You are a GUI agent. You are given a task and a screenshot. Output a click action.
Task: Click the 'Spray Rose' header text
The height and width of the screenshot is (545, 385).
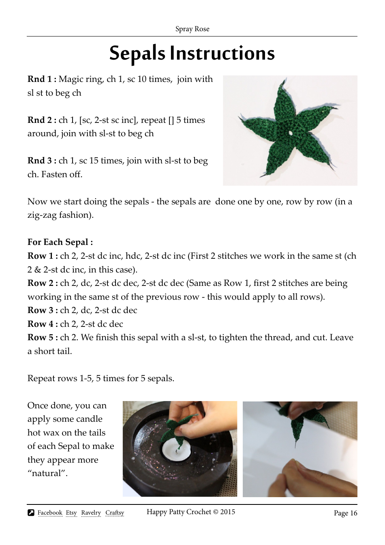tap(192, 29)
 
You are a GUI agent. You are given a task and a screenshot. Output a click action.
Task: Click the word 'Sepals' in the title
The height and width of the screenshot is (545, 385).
tap(137, 54)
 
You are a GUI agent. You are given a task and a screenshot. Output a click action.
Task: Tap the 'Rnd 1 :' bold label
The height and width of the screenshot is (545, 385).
tap(42, 79)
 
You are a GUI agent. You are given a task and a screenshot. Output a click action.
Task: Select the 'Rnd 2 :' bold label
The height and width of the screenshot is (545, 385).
tap(42, 120)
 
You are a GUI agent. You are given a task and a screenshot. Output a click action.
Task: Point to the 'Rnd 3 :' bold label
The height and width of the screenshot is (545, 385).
tap(42, 161)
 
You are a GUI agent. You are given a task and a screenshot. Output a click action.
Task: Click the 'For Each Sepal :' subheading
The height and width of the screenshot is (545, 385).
tap(60, 242)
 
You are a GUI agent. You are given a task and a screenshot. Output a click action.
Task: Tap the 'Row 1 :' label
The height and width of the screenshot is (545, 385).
tap(43, 256)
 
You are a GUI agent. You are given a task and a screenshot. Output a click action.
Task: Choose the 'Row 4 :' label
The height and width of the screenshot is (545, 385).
tap(43, 324)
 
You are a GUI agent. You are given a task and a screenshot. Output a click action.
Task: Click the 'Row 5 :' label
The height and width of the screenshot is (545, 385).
tap(43, 337)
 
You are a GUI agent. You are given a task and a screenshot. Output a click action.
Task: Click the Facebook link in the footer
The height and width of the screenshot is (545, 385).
tap(50, 513)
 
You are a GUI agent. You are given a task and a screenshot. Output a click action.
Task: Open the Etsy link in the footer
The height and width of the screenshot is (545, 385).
tap(71, 513)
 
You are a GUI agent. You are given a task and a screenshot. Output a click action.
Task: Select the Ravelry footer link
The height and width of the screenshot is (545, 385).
tap(91, 513)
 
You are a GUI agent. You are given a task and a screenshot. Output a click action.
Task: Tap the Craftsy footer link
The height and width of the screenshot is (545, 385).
tap(115, 513)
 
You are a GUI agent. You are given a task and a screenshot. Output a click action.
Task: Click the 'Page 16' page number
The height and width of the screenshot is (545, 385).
tap(345, 513)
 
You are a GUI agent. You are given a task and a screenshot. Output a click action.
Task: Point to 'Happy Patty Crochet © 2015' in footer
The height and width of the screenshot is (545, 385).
tap(190, 512)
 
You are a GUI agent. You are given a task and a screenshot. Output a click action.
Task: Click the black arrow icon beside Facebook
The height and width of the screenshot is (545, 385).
tap(31, 513)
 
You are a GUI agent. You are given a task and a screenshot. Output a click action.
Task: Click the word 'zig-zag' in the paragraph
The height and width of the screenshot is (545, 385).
tap(42, 215)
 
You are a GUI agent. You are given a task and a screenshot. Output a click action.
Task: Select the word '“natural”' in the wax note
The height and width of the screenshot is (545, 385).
tap(47, 473)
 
